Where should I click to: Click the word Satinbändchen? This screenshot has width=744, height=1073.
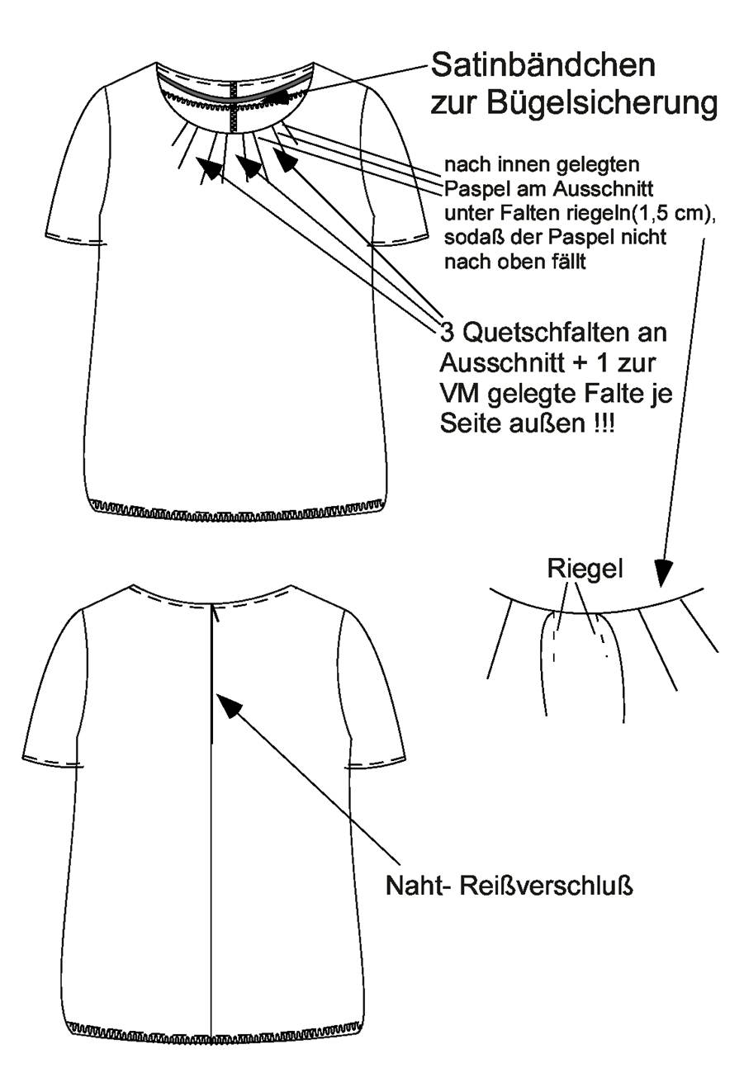pos(543,66)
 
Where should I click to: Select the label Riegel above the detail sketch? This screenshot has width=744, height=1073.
pos(585,569)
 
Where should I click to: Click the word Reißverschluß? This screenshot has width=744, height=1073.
pos(546,886)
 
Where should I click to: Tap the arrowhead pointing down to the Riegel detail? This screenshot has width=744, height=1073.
pos(663,573)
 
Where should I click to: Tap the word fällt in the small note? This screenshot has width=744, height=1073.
pos(570,262)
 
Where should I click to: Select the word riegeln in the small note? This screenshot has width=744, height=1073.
pos(596,214)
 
